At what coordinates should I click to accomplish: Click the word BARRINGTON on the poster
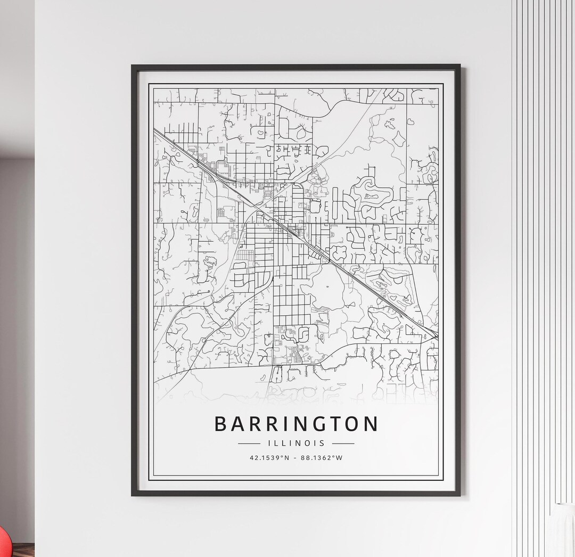pyautogui.click(x=296, y=424)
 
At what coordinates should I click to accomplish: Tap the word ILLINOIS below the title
pyautogui.click(x=296, y=443)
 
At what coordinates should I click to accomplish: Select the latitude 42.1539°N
pyautogui.click(x=269, y=457)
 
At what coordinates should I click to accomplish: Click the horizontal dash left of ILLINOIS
pyautogui.click(x=249, y=443)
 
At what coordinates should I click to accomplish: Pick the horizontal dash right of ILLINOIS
pyautogui.click(x=343, y=443)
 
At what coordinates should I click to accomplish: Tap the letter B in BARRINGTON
pyautogui.click(x=220, y=424)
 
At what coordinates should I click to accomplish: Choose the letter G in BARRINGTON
pyautogui.click(x=319, y=424)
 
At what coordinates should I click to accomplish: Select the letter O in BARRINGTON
pyautogui.click(x=352, y=424)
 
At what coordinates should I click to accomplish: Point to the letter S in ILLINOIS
pyautogui.click(x=322, y=443)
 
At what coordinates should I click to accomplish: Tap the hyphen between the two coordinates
pyautogui.click(x=296, y=457)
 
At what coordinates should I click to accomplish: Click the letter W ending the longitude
pyautogui.click(x=340, y=457)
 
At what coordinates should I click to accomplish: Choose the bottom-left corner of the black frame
pyautogui.click(x=133, y=495)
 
